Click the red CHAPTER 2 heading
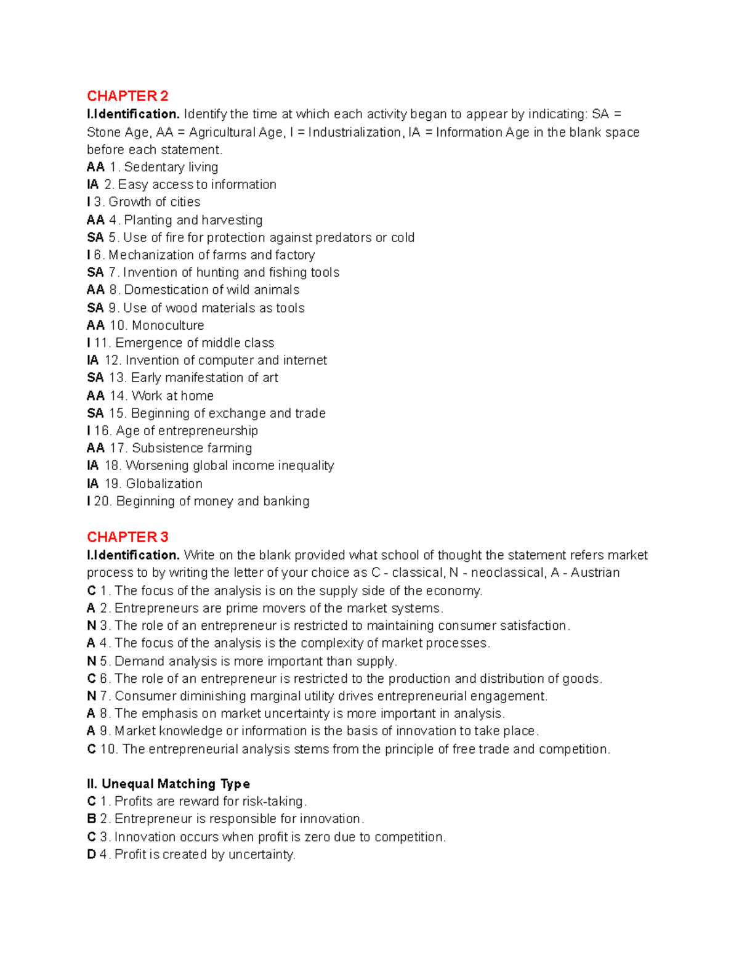(127, 96)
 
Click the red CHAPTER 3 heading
(127, 537)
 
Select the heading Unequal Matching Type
(176, 784)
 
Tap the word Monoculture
(168, 325)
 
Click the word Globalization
(164, 484)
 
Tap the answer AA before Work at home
(95, 396)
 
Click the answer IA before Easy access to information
(93, 184)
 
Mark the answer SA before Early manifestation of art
(95, 378)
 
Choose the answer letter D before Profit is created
(91, 855)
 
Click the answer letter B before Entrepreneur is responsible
(91, 819)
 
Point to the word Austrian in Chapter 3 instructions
(595, 572)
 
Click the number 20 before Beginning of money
(102, 502)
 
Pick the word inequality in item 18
(305, 466)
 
